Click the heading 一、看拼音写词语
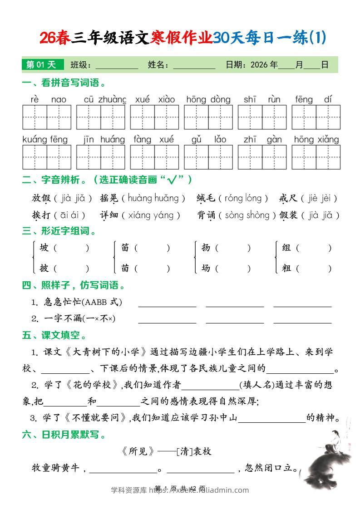[x=64, y=83]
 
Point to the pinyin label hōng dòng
[x=208, y=99]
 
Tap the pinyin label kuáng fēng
[x=45, y=139]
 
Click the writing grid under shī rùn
[x=262, y=117]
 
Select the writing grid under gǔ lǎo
[x=208, y=157]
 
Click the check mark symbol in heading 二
[x=172, y=180]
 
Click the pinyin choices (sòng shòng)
[x=247, y=215]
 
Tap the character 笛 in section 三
[x=125, y=248]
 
